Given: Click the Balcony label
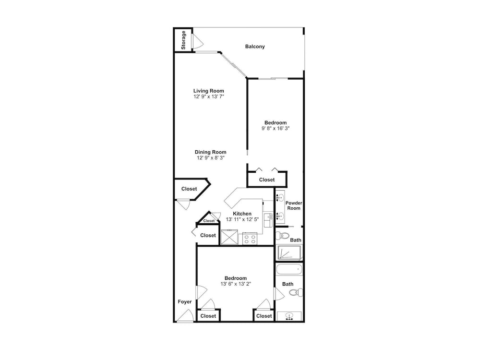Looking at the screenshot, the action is tap(255, 47).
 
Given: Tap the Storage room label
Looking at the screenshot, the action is tap(183, 40).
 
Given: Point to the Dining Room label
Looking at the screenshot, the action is tap(211, 152).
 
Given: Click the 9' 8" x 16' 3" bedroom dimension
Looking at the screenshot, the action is tap(276, 129).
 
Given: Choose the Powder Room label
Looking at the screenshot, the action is tap(294, 205).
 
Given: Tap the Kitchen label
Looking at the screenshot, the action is tap(242, 214).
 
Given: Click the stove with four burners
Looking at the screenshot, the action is tap(250, 239).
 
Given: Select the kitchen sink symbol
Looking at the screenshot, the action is tap(268, 220).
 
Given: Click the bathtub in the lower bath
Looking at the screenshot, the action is tap(289, 270).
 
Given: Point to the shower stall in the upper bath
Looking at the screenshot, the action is tap(289, 253).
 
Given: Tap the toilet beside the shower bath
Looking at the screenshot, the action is tap(282, 236).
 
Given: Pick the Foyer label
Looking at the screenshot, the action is tap(185, 302).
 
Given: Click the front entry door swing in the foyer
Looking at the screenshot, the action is tap(185, 316).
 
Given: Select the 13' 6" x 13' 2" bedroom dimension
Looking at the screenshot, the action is tap(236, 284).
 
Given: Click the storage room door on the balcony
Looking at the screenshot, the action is tap(197, 41).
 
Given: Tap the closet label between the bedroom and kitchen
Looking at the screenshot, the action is tap(266, 180).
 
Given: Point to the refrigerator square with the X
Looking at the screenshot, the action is tap(229, 238).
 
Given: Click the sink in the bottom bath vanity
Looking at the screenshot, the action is tap(288, 316).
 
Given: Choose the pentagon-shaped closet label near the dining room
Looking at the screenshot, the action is tap(189, 189).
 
